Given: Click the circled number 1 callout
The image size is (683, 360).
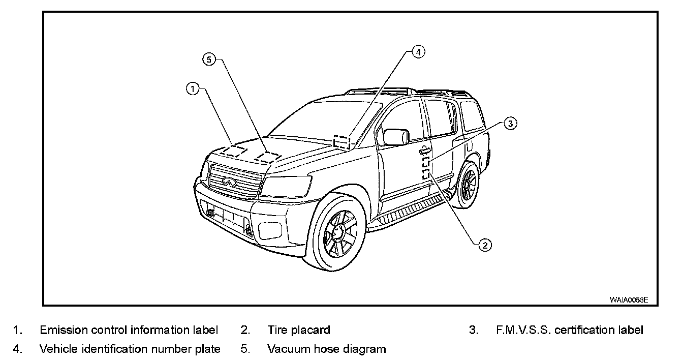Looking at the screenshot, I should pyautogui.click(x=192, y=89).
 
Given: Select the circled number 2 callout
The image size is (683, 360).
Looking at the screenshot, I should pyautogui.click(x=484, y=245).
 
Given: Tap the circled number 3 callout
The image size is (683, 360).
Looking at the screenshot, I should pyautogui.click(x=511, y=123).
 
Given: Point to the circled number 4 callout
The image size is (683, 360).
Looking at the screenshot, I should pyautogui.click(x=418, y=52).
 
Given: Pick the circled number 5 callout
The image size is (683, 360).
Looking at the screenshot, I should pyautogui.click(x=209, y=59).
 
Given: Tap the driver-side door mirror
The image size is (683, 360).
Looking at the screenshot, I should pyautogui.click(x=396, y=137).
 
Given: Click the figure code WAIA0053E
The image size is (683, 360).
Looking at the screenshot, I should pyautogui.click(x=629, y=300).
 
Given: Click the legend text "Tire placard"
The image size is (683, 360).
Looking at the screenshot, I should pyautogui.click(x=299, y=330).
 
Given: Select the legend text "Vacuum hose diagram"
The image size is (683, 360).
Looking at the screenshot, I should pyautogui.click(x=327, y=349).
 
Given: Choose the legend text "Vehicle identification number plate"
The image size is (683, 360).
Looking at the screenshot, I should pyautogui.click(x=130, y=349).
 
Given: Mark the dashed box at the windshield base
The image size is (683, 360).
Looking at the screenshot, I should pyautogui.click(x=342, y=141).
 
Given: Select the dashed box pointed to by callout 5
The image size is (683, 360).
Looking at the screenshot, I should pyautogui.click(x=267, y=157).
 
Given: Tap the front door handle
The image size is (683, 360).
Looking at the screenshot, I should pyautogui.click(x=424, y=150).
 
